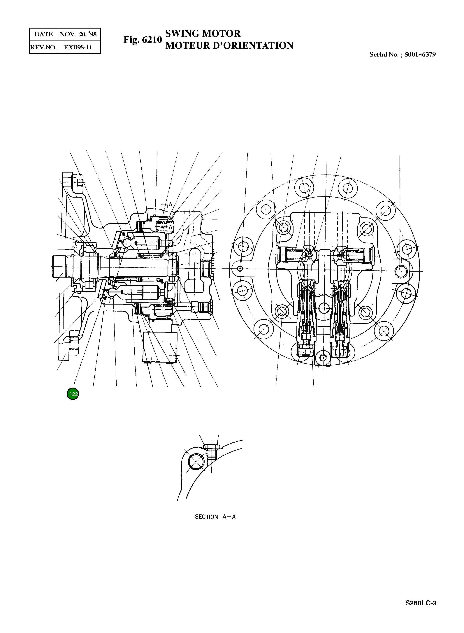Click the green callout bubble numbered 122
tap(73, 394)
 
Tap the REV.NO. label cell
tap(43, 47)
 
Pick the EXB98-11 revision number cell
tap(78, 47)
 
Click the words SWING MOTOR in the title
tap(203, 34)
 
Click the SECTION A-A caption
tap(215, 517)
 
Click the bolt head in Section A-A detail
tap(211, 446)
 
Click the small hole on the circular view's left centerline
tap(240, 269)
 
